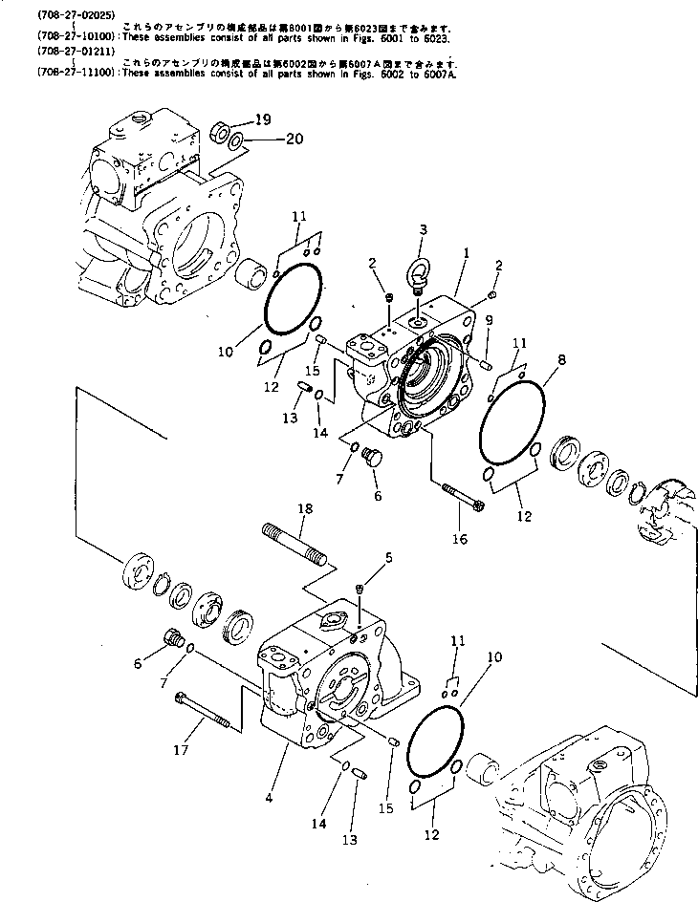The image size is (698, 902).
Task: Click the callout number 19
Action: [x=263, y=118]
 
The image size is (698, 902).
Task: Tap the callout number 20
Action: [x=294, y=138]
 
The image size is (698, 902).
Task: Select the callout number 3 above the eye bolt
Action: [x=423, y=228]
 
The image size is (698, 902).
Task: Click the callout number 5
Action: [x=388, y=556]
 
